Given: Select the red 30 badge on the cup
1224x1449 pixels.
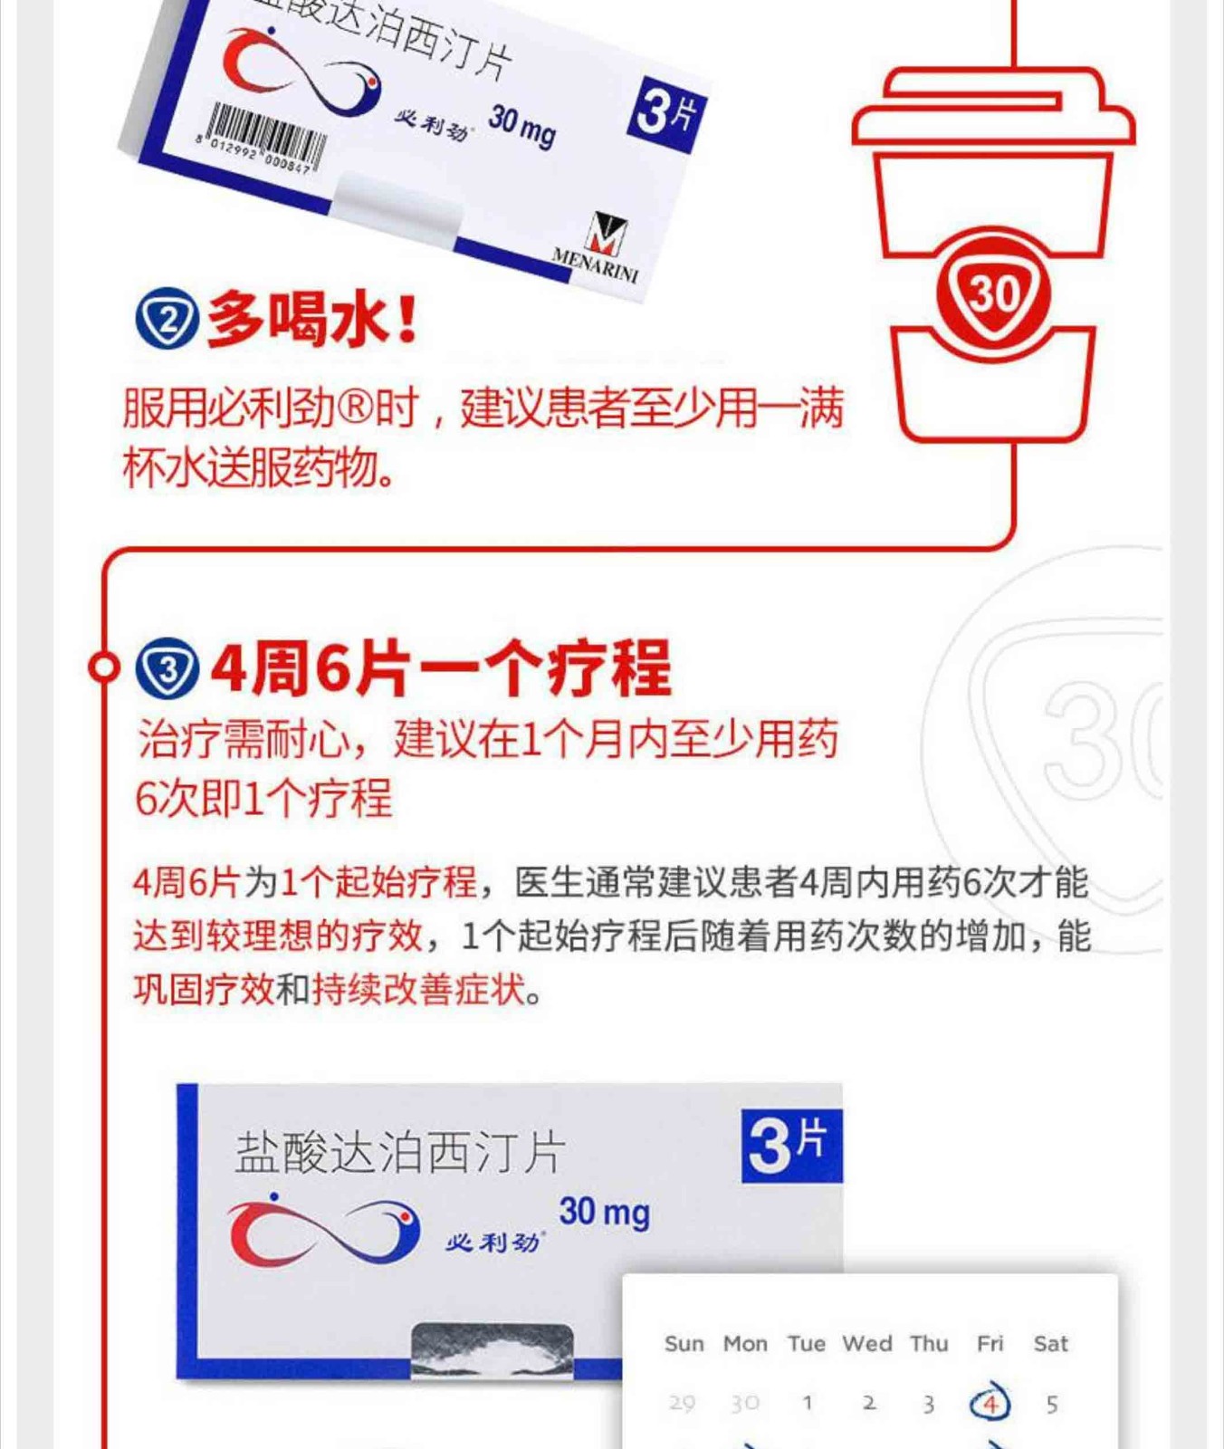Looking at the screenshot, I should point(993,293).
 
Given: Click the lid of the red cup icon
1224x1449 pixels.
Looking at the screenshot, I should point(993,109).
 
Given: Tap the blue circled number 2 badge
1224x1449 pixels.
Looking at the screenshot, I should point(167,319).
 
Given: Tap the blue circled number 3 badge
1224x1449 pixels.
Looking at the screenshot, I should point(167,668).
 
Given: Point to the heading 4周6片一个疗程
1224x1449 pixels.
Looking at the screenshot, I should point(441,668).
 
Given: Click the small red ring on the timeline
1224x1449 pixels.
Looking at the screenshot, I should point(103,667).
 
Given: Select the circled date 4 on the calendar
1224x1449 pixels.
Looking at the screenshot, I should point(990,1404).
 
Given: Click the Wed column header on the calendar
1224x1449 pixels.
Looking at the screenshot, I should point(867,1344).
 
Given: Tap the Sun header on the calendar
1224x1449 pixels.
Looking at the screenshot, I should point(684,1344).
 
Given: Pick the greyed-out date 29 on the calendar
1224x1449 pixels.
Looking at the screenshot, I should point(682,1404).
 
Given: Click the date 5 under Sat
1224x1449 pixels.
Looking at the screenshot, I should point(1051,1405).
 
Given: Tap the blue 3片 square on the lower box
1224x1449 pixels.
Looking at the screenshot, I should point(791,1146).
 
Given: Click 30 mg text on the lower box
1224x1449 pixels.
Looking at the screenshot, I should point(604,1212).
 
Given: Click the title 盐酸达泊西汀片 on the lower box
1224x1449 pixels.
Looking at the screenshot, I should point(400,1153).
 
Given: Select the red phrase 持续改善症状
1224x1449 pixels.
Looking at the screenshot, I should point(418,990).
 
